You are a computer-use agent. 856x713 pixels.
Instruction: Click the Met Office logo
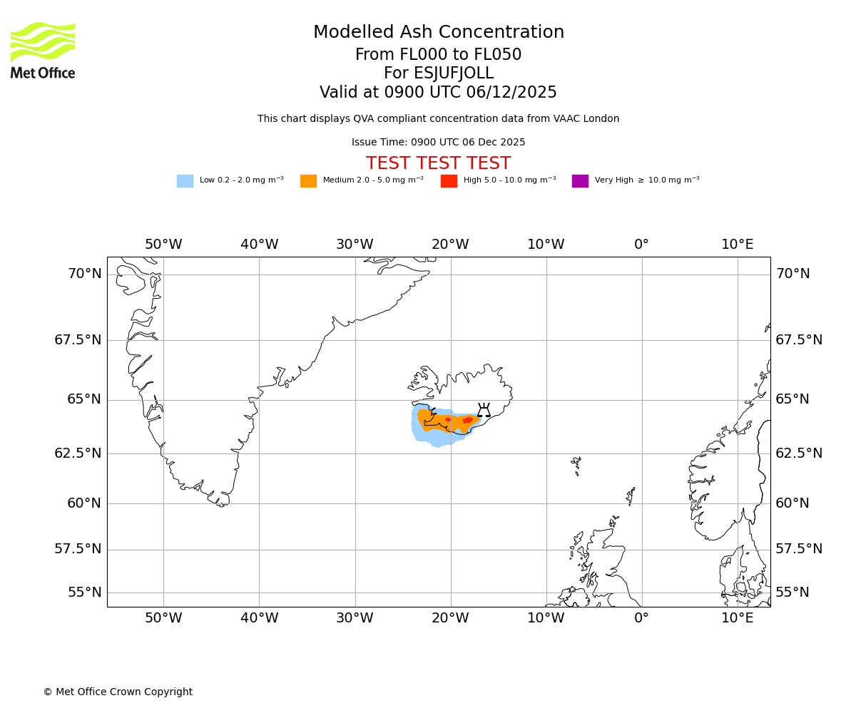tap(43, 50)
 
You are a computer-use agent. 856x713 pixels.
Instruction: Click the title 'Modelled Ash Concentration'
tap(438, 33)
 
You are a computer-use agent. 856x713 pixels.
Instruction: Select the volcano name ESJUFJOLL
tap(438, 73)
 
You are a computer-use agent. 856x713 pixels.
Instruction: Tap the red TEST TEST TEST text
tap(438, 163)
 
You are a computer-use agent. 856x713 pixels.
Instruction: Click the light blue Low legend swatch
tap(185, 181)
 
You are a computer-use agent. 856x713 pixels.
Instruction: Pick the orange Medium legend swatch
tap(308, 181)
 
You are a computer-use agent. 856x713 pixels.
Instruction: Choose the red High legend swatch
tap(449, 181)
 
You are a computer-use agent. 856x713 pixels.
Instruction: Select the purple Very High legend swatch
tap(580, 181)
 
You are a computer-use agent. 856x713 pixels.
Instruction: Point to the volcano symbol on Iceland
tap(484, 410)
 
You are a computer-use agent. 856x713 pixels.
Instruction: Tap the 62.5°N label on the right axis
tap(799, 453)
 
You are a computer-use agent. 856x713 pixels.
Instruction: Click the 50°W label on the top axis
tap(163, 245)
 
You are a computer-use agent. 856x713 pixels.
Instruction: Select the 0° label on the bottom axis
tap(641, 618)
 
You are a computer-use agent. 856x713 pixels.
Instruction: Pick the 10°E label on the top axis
tap(737, 245)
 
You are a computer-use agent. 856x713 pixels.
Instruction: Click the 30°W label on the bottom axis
tap(355, 618)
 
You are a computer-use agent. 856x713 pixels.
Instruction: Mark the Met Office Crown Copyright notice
tap(118, 692)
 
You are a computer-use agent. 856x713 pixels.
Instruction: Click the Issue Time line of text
tap(438, 143)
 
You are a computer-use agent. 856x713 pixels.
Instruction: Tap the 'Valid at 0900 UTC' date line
tap(438, 93)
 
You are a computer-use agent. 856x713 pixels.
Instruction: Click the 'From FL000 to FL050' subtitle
tap(438, 55)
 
